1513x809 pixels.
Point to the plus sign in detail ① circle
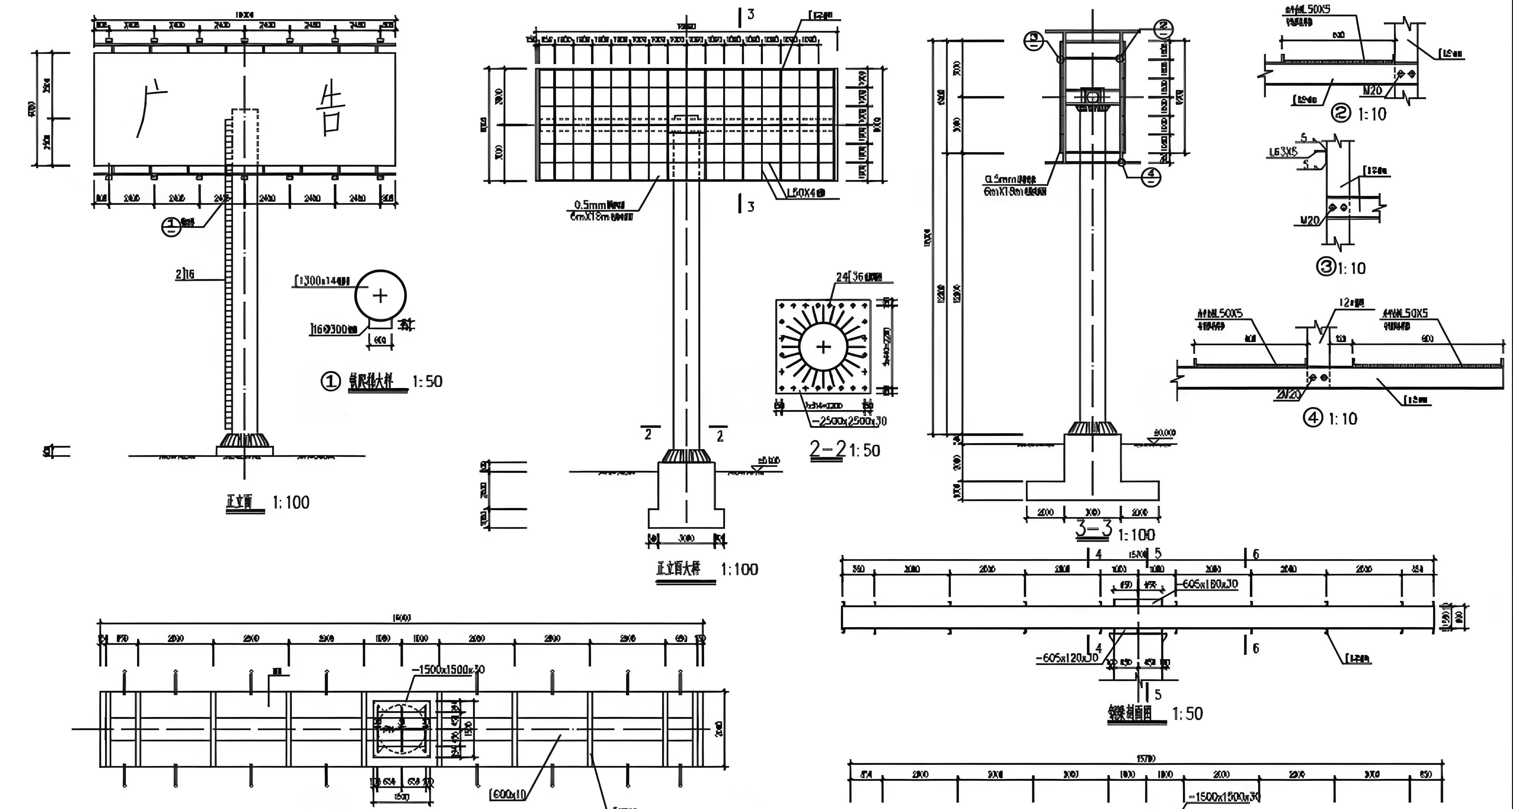tap(380, 295)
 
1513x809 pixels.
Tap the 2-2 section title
tap(828, 450)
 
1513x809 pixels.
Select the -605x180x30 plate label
tap(1209, 584)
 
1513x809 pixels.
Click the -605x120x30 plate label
tap(1067, 657)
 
